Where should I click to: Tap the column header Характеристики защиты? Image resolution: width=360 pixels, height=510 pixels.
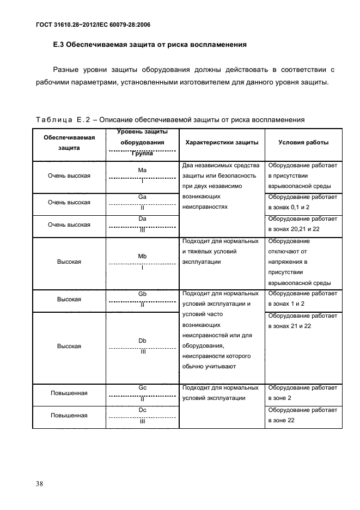222,142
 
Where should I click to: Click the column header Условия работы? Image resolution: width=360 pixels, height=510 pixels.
303,142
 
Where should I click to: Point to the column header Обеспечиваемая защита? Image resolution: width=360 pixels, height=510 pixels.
69,142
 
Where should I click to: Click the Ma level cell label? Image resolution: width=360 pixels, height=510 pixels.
143,171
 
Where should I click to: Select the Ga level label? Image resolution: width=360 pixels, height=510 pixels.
143,197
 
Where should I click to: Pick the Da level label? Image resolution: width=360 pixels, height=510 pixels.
143,218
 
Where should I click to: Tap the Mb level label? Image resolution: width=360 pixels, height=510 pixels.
143,256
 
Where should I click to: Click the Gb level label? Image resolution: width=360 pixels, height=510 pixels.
143,294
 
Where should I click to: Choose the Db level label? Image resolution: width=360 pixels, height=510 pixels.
143,341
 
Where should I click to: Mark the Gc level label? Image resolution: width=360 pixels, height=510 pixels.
143,387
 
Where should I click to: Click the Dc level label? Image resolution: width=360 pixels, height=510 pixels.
143,409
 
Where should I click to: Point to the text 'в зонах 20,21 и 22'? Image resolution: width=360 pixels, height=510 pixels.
293,229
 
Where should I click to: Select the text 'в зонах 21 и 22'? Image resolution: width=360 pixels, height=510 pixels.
289,325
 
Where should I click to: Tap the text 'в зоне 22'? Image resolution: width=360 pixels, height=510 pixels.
281,420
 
